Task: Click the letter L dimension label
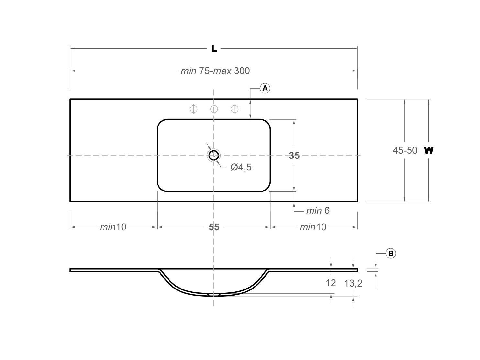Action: [x=214, y=49]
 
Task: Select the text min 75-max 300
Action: [x=215, y=71]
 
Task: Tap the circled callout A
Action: [x=265, y=88]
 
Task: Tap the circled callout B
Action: [x=390, y=253]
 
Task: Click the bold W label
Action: [x=429, y=150]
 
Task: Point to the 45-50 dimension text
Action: [x=405, y=150]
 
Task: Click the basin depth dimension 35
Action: [x=294, y=156]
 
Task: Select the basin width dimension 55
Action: [x=214, y=227]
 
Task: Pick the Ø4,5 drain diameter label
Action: [x=241, y=167]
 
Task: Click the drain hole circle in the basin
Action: [x=214, y=155]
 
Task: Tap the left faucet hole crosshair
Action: [x=193, y=109]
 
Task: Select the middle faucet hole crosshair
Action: [x=214, y=109]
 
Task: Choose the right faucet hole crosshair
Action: [x=235, y=109]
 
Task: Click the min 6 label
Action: [x=318, y=211]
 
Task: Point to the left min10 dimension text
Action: [x=113, y=227]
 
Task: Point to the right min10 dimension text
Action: [x=313, y=227]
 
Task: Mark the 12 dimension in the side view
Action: [x=331, y=283]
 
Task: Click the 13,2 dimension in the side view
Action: [x=353, y=283]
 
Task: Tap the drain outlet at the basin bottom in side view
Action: [x=214, y=295]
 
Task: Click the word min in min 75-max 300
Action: [x=188, y=71]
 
